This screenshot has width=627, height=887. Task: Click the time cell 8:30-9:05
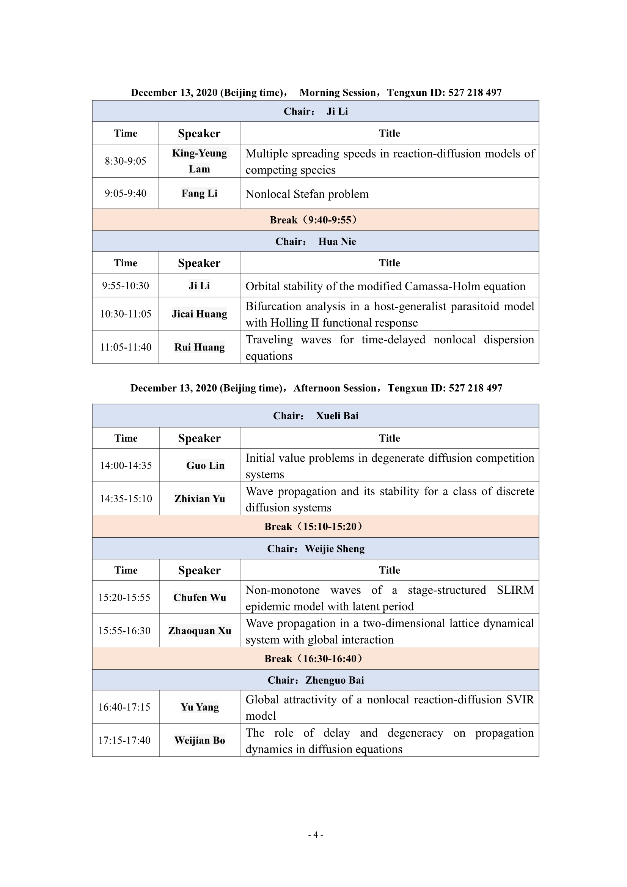pyautogui.click(x=126, y=161)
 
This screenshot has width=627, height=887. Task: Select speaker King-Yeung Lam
pyautogui.click(x=200, y=161)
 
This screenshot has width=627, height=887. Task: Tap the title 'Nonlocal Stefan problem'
pyautogui.click(x=307, y=194)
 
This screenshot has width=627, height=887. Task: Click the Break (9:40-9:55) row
pyautogui.click(x=315, y=220)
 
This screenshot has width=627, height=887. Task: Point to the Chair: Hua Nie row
pyautogui.click(x=315, y=241)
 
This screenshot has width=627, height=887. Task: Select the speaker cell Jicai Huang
pyautogui.click(x=200, y=314)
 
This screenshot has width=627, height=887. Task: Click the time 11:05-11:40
pyautogui.click(x=126, y=347)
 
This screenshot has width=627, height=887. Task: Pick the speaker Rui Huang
pyautogui.click(x=200, y=347)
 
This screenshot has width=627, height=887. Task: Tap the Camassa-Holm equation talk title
pyautogui.click(x=385, y=286)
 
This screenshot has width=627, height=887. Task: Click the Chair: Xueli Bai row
pyautogui.click(x=315, y=416)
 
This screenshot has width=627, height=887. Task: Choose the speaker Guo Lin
pyautogui.click(x=205, y=465)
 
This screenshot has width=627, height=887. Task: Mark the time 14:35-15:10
pyautogui.click(x=126, y=499)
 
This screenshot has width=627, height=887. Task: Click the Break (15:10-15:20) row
pyautogui.click(x=315, y=527)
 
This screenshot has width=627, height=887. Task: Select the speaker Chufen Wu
pyautogui.click(x=200, y=597)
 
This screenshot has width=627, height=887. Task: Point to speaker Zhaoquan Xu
pyautogui.click(x=200, y=631)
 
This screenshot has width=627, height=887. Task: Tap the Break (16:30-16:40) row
pyautogui.click(x=315, y=659)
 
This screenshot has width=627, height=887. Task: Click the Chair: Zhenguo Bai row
pyautogui.click(x=315, y=680)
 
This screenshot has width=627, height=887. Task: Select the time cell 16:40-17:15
pyautogui.click(x=124, y=707)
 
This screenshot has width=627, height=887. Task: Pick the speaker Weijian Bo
pyautogui.click(x=200, y=740)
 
